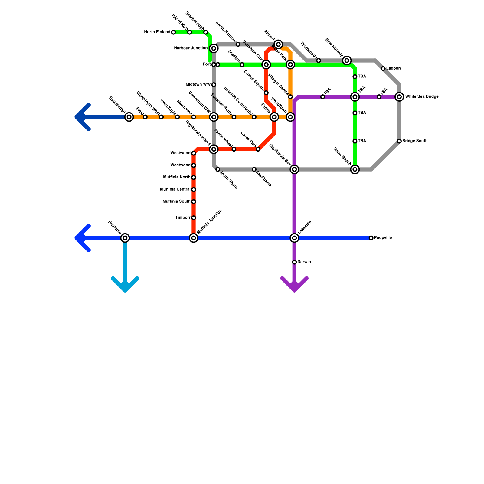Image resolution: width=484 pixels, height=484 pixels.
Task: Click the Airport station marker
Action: point(279,44)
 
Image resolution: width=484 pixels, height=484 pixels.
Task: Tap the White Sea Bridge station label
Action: point(422,97)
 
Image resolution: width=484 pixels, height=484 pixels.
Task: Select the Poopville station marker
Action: point(371,238)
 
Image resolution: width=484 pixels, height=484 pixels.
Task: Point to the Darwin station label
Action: point(304,262)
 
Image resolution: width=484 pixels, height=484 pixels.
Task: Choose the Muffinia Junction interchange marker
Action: point(194,238)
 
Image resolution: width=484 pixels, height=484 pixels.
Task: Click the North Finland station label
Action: point(157,32)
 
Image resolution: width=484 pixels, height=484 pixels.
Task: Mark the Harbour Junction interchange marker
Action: point(214,48)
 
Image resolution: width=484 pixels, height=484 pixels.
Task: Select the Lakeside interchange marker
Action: point(295,238)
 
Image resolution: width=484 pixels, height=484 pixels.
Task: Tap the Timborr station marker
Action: point(194,218)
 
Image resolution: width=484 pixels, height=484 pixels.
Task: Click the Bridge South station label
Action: point(415,141)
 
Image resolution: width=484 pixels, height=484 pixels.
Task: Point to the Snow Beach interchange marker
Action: point(355,169)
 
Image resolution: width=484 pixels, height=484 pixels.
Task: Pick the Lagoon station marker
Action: point(383,69)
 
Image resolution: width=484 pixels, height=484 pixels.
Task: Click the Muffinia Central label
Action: point(175,189)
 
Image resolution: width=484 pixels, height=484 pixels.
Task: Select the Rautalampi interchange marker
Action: point(129,117)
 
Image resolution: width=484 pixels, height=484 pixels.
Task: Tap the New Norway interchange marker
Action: point(347,60)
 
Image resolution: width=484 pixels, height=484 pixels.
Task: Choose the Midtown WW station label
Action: point(198,84)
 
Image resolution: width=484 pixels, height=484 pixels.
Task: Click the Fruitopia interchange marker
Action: point(125,238)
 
